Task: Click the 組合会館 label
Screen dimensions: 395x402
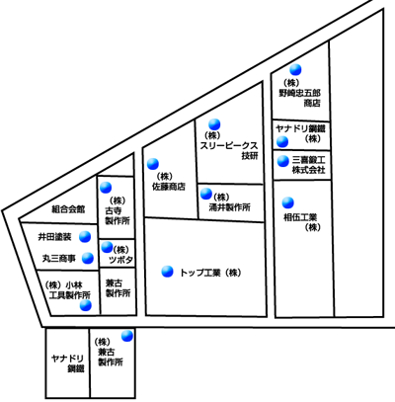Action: pos(68,209)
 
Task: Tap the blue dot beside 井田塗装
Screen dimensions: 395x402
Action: pos(85,237)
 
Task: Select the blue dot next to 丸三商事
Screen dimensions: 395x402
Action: pos(88,259)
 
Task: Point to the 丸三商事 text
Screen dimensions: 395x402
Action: pos(59,259)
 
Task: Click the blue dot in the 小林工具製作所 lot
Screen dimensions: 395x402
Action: pos(86,305)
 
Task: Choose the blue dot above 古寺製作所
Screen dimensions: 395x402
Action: pos(106,188)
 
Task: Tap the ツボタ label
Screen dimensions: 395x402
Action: pos(120,260)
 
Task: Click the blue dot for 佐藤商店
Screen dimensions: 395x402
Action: pos(153,164)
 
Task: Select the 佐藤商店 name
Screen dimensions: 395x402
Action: pos(169,187)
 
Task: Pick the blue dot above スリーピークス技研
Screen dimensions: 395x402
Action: pos(214,124)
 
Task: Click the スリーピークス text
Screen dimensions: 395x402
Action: pos(229,146)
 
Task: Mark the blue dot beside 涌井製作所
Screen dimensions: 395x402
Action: pos(206,194)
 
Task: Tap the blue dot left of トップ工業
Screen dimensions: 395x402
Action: pos(167,272)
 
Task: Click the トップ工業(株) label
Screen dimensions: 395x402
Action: pos(210,273)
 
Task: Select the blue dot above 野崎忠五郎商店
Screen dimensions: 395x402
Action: pos(295,69)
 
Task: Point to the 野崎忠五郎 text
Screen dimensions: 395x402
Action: pos(299,93)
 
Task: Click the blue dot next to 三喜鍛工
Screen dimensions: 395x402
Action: pos(282,161)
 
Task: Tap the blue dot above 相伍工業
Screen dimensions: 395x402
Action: pos(288,202)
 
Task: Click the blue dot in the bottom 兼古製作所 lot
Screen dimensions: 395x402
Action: pos(127,336)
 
